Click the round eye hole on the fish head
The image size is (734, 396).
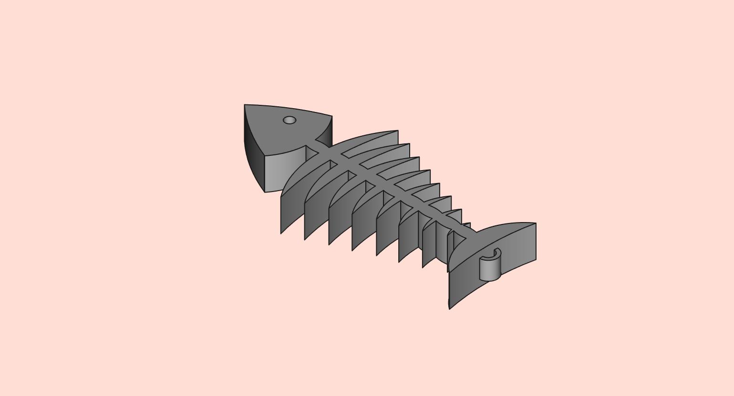(289, 120)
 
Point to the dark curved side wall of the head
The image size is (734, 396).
(253, 152)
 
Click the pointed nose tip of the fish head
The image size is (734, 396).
(245, 106)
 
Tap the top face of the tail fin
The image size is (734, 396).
(506, 238)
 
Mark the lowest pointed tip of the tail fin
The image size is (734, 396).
(450, 308)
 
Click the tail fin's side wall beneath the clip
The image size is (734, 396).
(465, 286)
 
